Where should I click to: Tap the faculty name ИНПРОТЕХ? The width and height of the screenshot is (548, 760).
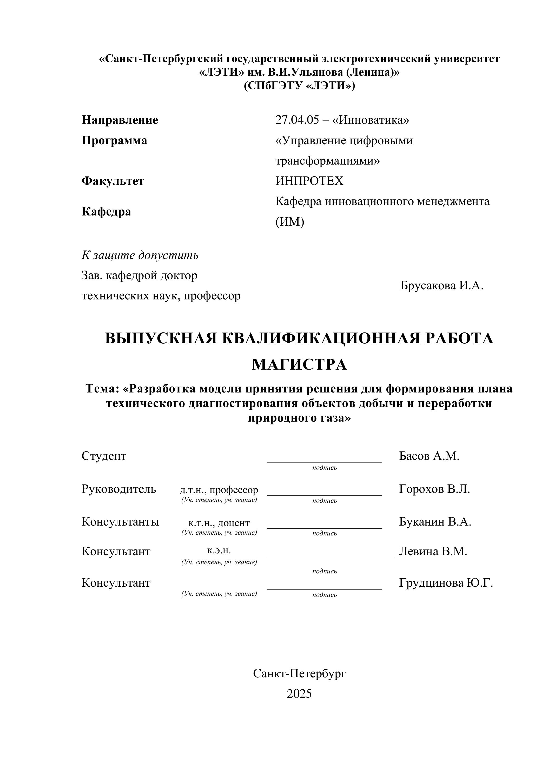pos(309,181)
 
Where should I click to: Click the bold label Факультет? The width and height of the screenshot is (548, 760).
pos(113,181)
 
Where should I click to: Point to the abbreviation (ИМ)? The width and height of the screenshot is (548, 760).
pos(290,221)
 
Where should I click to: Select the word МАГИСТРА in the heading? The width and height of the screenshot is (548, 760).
pos(299,365)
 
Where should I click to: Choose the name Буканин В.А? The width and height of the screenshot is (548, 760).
pos(435,522)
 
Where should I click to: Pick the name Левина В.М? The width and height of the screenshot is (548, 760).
pos(433,551)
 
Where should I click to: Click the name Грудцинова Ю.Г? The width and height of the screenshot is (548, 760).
pos(446,583)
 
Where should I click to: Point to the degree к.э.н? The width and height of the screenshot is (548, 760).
pos(219,550)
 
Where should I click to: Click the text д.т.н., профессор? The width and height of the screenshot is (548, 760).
pos(219,490)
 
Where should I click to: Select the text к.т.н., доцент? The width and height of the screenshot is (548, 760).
pos(219,523)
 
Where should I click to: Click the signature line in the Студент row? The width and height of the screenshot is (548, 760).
pos(324,462)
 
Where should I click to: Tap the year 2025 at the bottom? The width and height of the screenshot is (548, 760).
pos(299,694)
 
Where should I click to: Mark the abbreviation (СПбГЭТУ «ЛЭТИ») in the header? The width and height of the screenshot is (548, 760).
pos(299,86)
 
